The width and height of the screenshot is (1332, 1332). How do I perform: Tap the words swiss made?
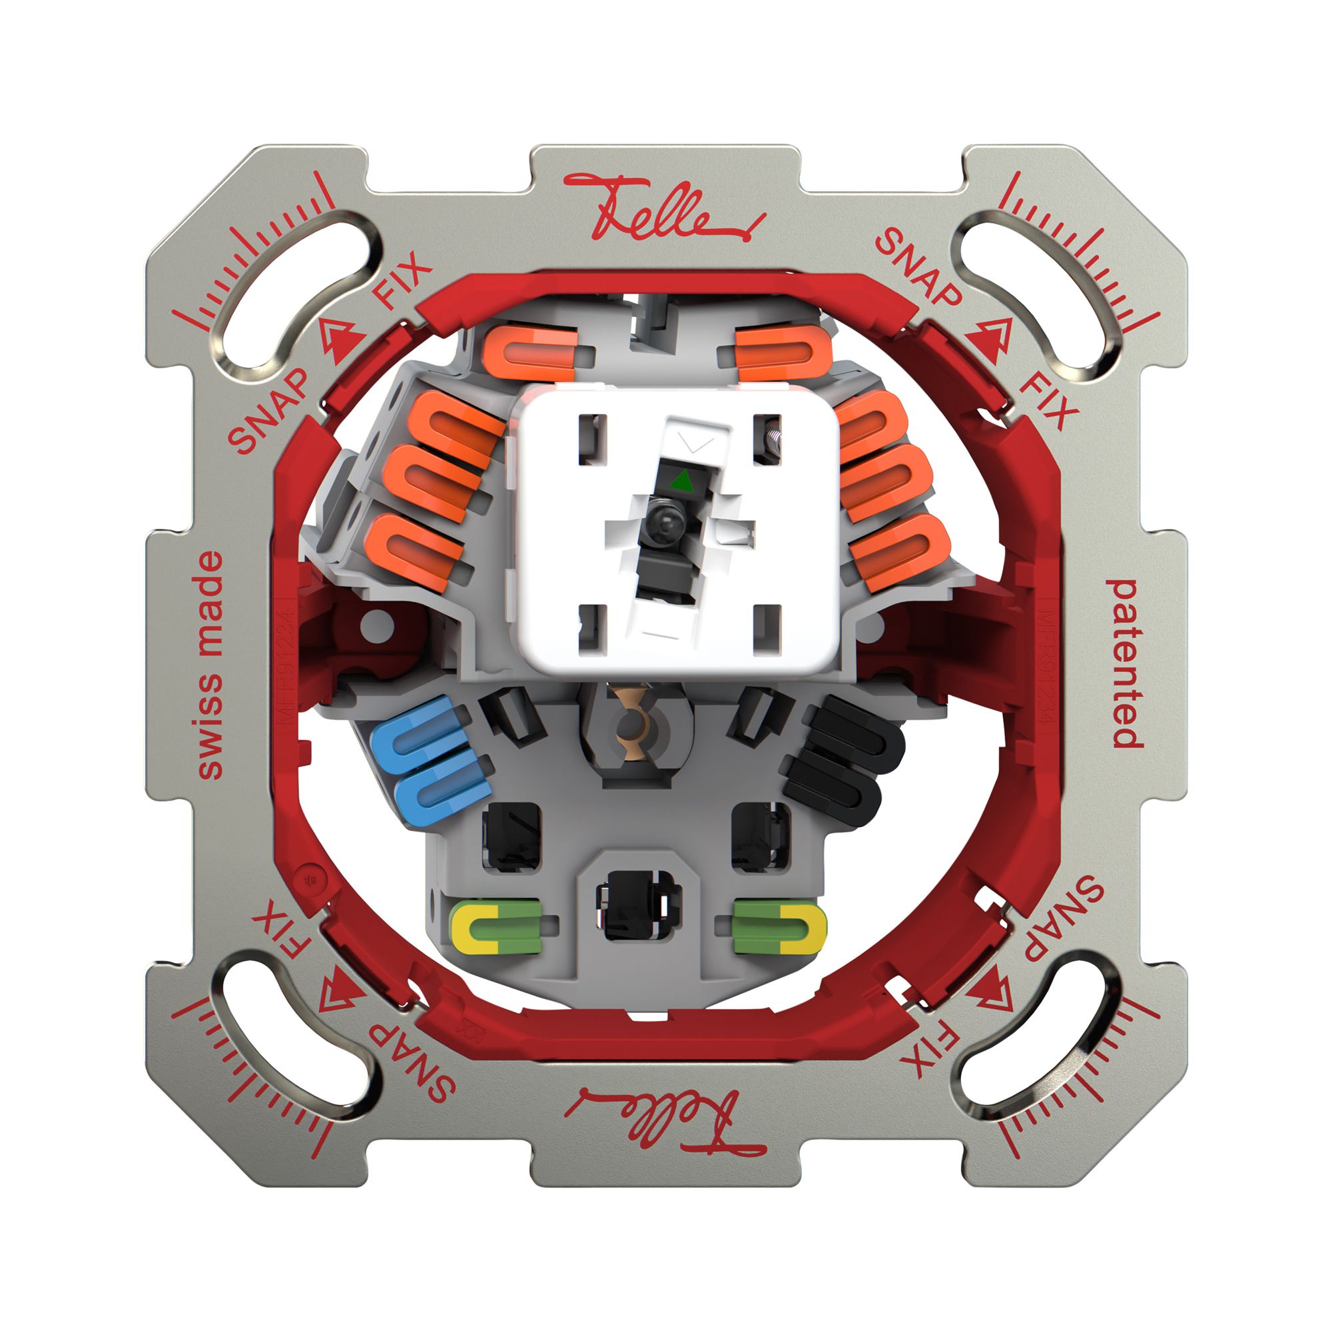click(x=210, y=665)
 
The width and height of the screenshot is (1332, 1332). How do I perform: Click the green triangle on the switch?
click(x=681, y=480)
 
